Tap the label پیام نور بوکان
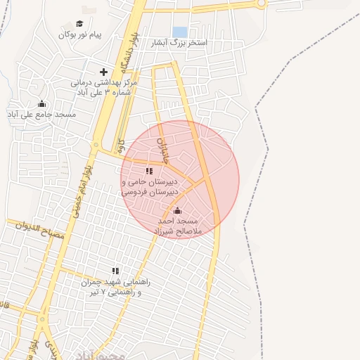[x=79, y=34]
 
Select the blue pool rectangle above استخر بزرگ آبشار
[x=180, y=32]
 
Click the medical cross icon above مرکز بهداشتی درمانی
[x=103, y=72]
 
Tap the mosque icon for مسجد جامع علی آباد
[x=41, y=104]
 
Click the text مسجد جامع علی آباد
[x=41, y=114]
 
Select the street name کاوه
[x=121, y=146]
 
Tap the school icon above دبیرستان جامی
[x=149, y=171]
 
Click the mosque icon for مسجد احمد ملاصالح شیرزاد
[x=177, y=210]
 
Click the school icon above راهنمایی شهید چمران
[x=115, y=271]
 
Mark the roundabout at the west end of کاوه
[x=94, y=144]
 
